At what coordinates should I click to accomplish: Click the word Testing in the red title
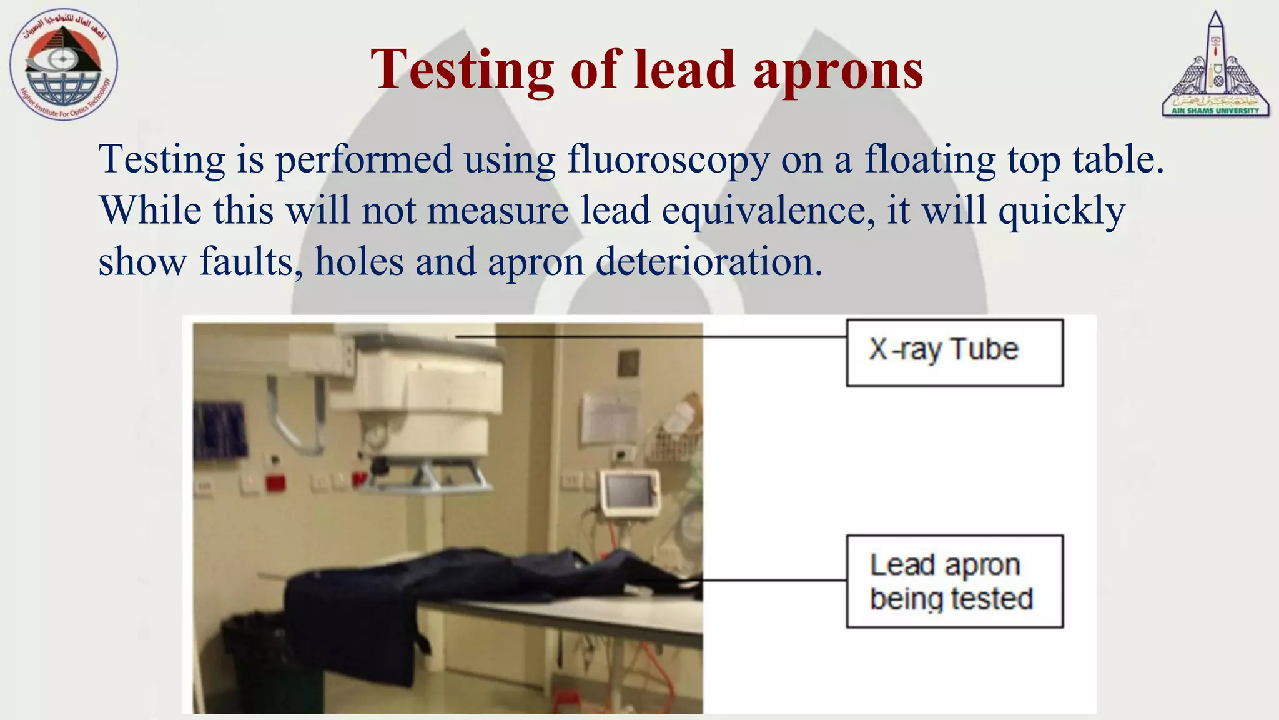pyautogui.click(x=462, y=70)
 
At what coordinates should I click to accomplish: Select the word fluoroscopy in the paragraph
pyautogui.click(x=668, y=159)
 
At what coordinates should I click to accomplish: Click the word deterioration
pyautogui.click(x=709, y=262)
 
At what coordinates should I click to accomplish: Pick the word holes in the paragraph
pyautogui.click(x=359, y=262)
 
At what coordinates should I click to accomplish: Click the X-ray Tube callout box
pyautogui.click(x=954, y=352)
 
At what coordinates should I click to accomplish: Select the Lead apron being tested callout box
pyautogui.click(x=954, y=581)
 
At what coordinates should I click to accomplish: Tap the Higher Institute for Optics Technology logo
pyautogui.click(x=64, y=65)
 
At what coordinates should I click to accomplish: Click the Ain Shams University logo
pyautogui.click(x=1215, y=66)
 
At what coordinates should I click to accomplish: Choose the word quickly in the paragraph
pyautogui.click(x=1062, y=211)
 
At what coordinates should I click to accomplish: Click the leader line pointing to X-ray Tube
pyautogui.click(x=649, y=337)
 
